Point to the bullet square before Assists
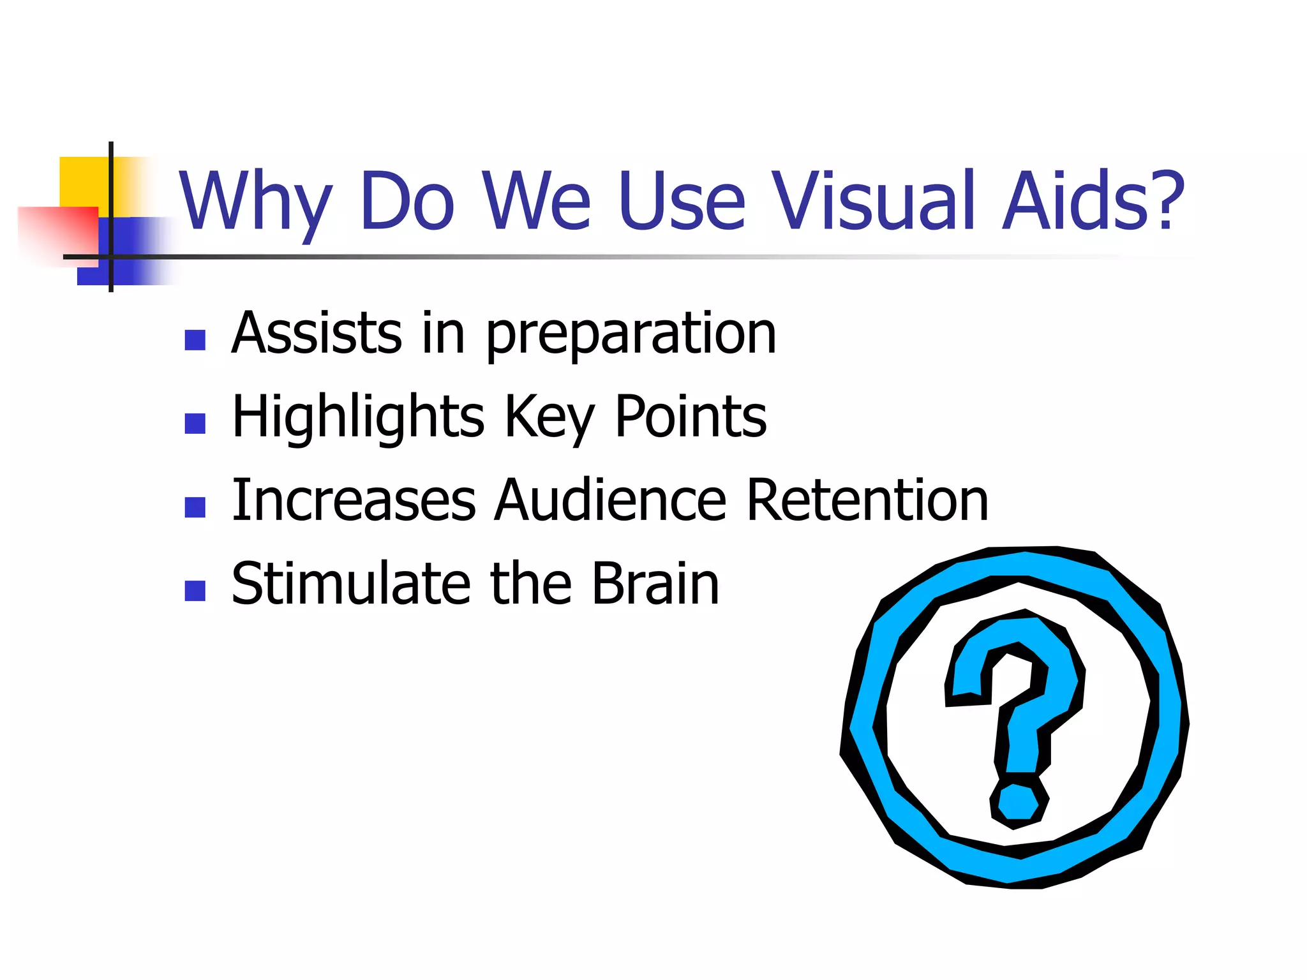tap(195, 340)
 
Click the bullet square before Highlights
tap(195, 424)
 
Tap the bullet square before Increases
tap(195, 507)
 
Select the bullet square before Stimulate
tap(195, 591)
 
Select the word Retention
tap(867, 500)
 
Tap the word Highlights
tap(358, 419)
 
